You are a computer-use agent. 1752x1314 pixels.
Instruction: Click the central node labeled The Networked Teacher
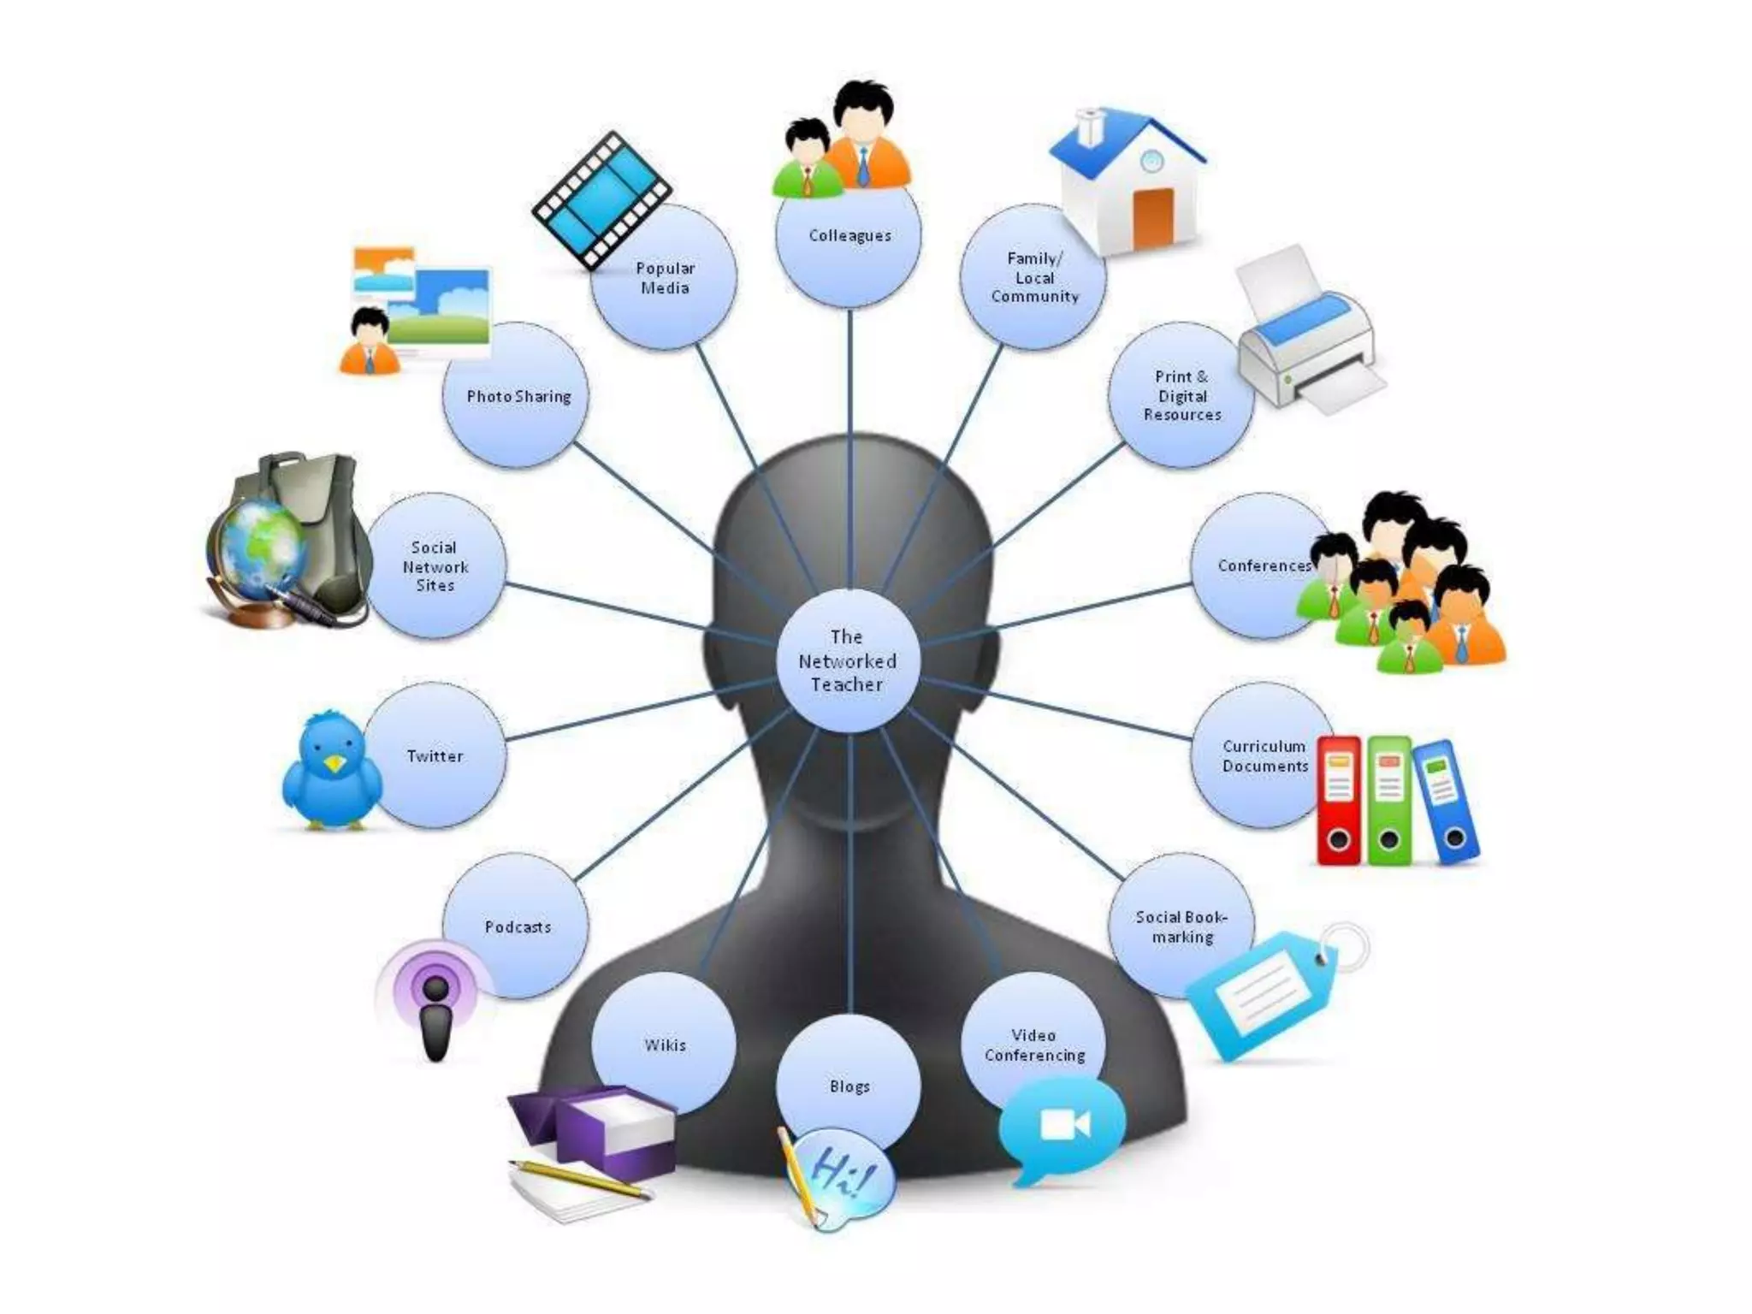pyautogui.click(x=848, y=660)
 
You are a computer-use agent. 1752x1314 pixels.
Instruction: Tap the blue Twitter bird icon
pyautogui.click(x=332, y=770)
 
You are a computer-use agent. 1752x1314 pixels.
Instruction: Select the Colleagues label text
pyautogui.click(x=849, y=235)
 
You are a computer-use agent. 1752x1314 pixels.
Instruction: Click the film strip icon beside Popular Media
pyautogui.click(x=601, y=198)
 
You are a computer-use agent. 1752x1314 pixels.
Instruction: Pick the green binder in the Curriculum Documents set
pyautogui.click(x=1389, y=800)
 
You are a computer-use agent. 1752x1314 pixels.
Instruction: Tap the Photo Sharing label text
pyautogui.click(x=518, y=396)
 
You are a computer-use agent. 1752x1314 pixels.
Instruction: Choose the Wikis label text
pyautogui.click(x=665, y=1045)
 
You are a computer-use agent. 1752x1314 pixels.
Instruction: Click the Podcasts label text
pyautogui.click(x=518, y=926)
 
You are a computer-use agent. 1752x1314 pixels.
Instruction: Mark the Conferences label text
pyautogui.click(x=1264, y=565)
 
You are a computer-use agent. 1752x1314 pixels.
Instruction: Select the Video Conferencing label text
pyautogui.click(x=1034, y=1045)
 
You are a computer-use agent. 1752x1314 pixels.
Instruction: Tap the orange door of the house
pyautogui.click(x=1153, y=217)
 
